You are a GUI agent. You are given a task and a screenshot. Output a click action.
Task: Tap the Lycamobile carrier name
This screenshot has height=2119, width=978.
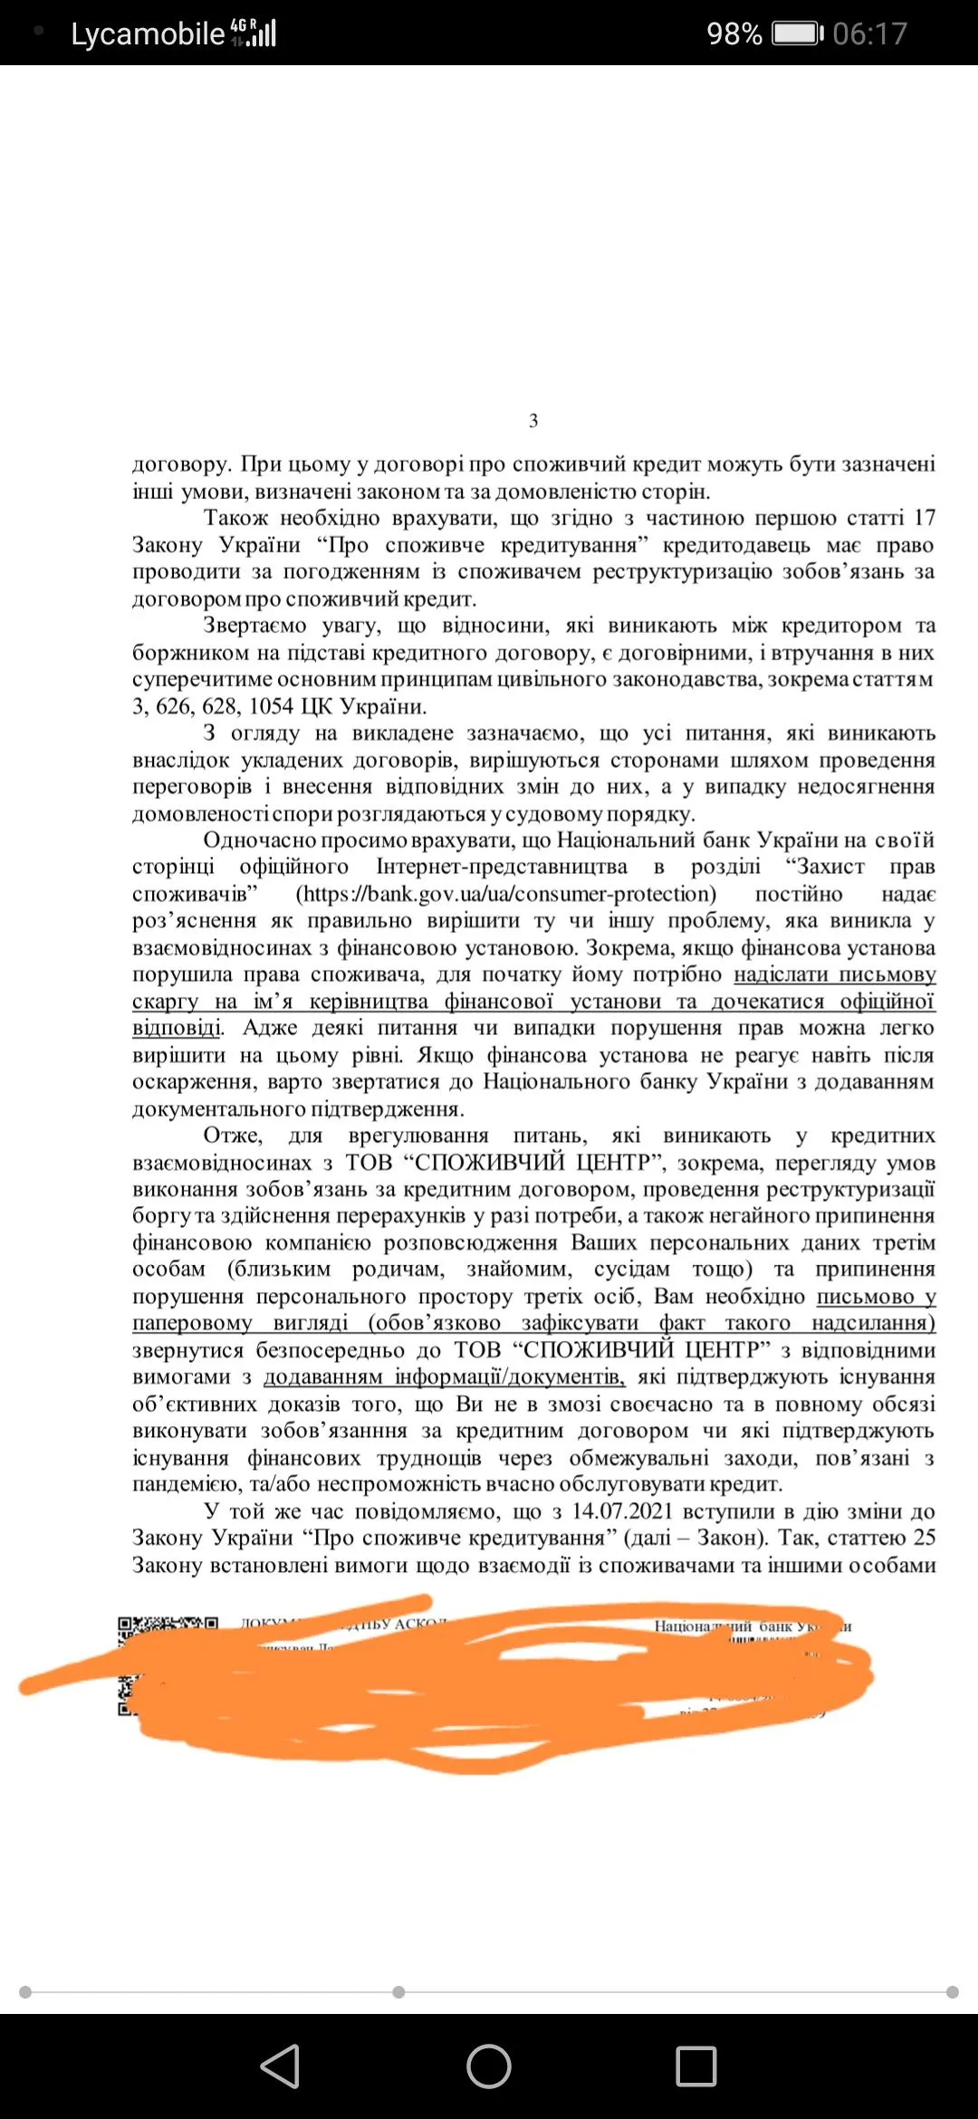coord(148,34)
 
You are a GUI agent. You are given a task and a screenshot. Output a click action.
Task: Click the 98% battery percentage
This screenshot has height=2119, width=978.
coord(733,34)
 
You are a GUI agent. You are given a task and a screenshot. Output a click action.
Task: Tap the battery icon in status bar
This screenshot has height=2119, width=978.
coord(797,34)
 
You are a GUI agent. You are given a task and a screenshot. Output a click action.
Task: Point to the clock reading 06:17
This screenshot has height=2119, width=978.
coord(869,34)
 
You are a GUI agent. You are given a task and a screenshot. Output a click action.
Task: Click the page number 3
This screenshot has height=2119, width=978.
coord(533,420)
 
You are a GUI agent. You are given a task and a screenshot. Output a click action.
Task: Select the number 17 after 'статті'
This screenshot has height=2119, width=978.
coord(924,518)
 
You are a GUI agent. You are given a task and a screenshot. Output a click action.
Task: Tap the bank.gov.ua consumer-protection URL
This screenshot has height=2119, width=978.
coord(507,894)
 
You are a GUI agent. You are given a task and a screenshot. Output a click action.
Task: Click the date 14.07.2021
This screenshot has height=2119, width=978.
coord(622,1511)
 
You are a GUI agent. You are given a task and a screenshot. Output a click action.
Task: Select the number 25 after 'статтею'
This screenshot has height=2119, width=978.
coord(924,1538)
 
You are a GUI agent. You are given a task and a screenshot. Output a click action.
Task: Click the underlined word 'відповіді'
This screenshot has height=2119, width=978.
coord(177,1029)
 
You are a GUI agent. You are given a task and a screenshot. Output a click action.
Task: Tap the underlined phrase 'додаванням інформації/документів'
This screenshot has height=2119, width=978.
coord(444,1377)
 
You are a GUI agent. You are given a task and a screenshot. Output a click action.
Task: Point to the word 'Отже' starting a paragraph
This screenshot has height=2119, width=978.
coord(233,1136)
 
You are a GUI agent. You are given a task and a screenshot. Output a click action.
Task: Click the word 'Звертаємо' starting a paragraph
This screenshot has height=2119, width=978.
coord(255,626)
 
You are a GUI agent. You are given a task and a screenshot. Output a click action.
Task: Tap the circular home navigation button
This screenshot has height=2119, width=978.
coord(489,2066)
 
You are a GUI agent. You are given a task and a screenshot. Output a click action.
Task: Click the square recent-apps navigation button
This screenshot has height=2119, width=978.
coord(696,2066)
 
